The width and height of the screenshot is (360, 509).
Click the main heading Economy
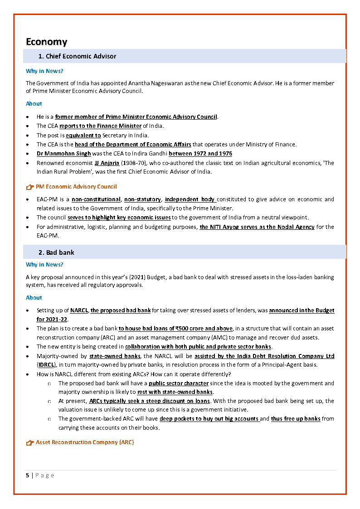[46, 42]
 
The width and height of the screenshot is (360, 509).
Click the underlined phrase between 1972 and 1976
[200, 154]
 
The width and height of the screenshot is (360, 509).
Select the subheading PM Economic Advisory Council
[76, 187]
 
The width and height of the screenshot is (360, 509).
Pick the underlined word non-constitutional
[96, 199]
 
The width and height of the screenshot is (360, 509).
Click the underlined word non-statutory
[142, 199]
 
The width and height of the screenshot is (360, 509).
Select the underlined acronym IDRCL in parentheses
[46, 364]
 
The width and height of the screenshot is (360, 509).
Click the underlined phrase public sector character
[179, 383]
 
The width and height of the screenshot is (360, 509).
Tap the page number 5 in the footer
[28, 475]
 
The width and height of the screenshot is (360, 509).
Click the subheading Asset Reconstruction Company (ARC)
[85, 442]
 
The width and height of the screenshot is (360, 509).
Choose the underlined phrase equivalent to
[83, 136]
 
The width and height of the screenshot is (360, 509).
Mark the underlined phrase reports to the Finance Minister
[100, 126]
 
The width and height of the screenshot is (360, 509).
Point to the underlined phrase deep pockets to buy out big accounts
[209, 419]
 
